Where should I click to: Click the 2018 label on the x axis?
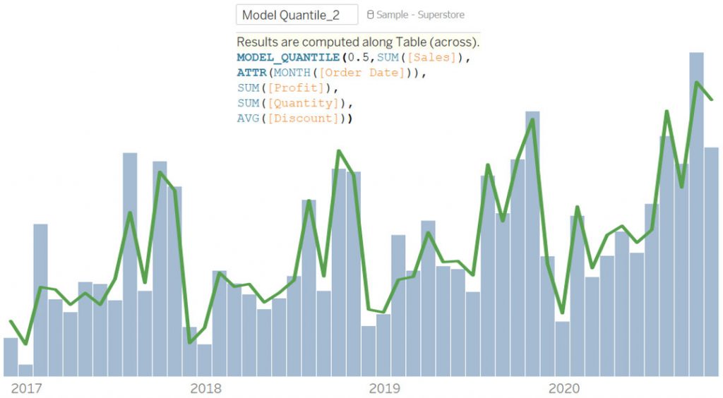205,388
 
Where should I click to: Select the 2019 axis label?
384,388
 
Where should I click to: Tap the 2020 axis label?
563,388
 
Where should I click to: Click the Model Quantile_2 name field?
297,15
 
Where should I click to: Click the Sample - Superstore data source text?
420,15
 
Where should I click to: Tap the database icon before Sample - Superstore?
370,15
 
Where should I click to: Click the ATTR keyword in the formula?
251,73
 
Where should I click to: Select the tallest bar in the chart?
696,212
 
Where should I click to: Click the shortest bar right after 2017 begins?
25,370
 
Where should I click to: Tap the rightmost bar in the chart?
711,261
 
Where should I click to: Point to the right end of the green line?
712,99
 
